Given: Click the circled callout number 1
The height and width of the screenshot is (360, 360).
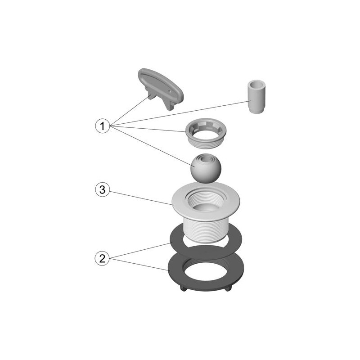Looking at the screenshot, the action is pyautogui.click(x=103, y=126).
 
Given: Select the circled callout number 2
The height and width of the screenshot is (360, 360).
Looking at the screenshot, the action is pyautogui.click(x=102, y=259).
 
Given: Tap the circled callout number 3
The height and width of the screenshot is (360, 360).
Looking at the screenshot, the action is pyautogui.click(x=103, y=190).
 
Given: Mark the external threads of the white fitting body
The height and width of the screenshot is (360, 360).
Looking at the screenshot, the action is pyautogui.click(x=206, y=229).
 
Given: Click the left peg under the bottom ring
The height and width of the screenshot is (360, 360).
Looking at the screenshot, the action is pyautogui.click(x=183, y=288).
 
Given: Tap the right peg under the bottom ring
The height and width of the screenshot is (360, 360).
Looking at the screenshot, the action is pyautogui.click(x=228, y=288).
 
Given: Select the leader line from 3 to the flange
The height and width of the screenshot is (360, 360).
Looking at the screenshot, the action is pyautogui.click(x=141, y=198).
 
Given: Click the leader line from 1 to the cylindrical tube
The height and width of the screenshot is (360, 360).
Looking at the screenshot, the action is pyautogui.click(x=180, y=113).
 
